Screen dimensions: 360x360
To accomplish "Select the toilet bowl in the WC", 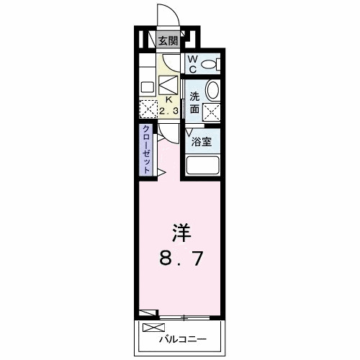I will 210,65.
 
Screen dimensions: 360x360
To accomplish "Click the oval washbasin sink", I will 212,90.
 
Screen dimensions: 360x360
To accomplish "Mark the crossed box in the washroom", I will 212,112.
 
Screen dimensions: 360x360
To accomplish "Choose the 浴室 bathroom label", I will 202,142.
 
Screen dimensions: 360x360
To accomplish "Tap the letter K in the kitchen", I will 170,101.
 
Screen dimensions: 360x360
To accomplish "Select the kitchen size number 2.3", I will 169,111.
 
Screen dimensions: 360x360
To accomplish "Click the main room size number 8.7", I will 181,257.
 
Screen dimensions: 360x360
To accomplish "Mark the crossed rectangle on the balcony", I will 153,328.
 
